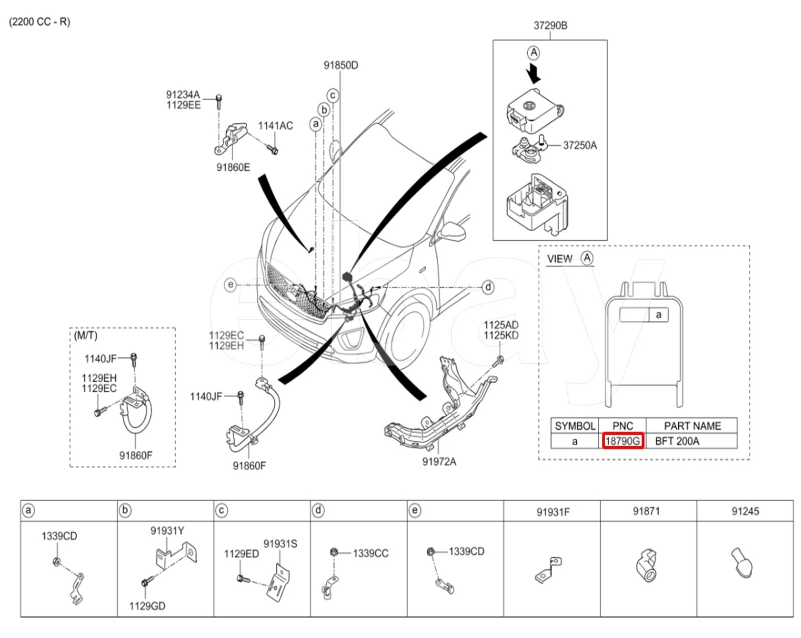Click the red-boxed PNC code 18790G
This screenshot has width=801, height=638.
pos(622,441)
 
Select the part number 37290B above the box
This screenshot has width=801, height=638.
pos(550,25)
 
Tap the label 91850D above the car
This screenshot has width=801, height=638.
pos(340,65)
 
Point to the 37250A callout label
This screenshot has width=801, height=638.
pos(579,145)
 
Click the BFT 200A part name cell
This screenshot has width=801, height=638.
pos(677,441)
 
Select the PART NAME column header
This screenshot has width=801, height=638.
pos(692,426)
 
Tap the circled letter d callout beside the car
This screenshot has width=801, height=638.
pos(488,287)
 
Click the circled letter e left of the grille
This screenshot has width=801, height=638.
pos(230,285)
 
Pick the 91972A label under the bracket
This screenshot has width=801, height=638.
pos(439,461)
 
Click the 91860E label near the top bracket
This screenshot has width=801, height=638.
pos(233,167)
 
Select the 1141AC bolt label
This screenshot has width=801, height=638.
pos(275,126)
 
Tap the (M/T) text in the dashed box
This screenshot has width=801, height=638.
pos(85,336)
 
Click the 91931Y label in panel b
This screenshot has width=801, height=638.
pos(167,530)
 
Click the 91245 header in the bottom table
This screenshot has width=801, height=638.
pos(745,511)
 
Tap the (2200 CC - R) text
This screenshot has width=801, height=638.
pos(40,22)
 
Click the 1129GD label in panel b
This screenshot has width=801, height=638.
pos(147,606)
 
